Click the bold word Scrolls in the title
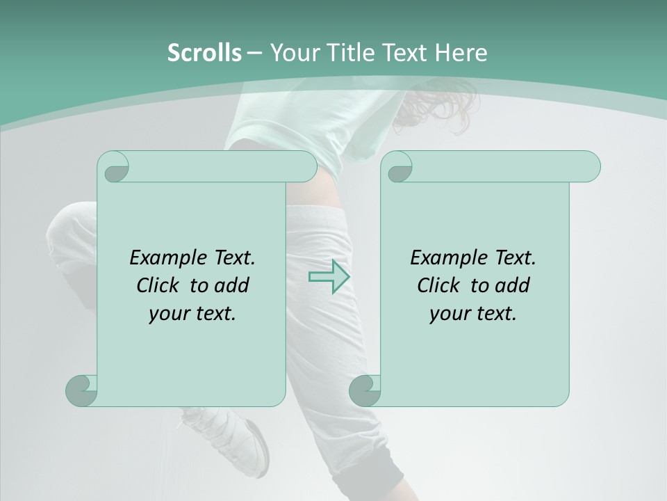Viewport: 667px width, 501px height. [204, 53]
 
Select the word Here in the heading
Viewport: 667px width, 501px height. [461, 53]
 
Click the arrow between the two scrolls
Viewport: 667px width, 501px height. [329, 277]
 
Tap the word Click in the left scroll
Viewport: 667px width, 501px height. [157, 285]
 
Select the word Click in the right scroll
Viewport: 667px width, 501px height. [438, 285]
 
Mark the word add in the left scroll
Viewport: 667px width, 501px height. [231, 285]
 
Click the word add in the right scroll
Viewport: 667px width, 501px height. [512, 285]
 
